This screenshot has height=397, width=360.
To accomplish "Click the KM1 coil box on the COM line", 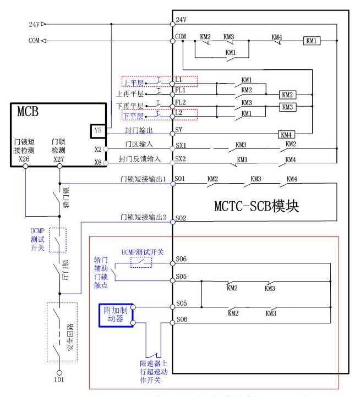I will [x=312, y=41].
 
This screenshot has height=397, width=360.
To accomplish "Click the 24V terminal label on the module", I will [x=181, y=20].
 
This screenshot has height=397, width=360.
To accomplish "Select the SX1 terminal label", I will [x=181, y=146].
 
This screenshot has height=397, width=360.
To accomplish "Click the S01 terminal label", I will [x=181, y=180].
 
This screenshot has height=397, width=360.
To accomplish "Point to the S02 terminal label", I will [x=181, y=219].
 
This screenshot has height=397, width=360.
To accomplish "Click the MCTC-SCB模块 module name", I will [x=257, y=207].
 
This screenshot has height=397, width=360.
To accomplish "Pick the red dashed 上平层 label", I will [x=133, y=82].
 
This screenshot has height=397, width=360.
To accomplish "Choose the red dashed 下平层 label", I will [x=133, y=116].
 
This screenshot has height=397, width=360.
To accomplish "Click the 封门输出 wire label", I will [x=139, y=131].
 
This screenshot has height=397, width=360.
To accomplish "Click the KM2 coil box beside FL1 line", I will [x=287, y=95].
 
